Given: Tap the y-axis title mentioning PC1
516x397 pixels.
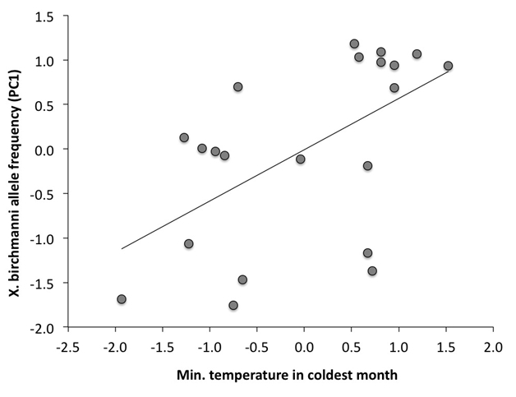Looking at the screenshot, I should [16, 172].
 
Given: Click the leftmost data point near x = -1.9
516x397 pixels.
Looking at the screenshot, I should [122, 299].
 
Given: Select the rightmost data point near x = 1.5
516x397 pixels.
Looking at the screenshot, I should [448, 66].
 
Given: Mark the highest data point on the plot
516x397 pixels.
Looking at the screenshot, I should [354, 44].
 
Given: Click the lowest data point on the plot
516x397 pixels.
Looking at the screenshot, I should [233, 305].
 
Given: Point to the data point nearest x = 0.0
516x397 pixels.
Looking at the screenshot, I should [301, 159].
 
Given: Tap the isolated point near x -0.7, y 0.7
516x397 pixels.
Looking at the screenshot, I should [238, 86].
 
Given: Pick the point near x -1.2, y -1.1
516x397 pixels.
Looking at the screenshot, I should [189, 243].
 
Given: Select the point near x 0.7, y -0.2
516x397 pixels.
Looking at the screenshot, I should [367, 165].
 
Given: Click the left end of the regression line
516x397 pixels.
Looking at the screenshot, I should [122, 248].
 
